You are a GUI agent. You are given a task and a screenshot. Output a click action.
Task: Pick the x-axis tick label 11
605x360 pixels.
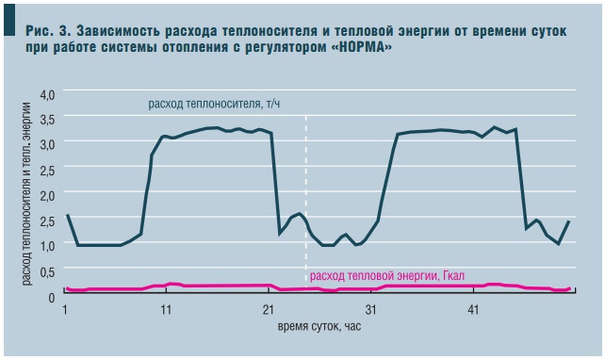166,309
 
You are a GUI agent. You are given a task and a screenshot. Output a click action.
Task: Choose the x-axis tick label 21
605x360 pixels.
269,309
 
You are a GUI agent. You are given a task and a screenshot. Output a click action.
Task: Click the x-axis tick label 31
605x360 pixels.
371,309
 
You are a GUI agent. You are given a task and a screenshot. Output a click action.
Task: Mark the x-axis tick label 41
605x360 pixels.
474,309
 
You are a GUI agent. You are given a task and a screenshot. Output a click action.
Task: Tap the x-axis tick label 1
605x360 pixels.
65,309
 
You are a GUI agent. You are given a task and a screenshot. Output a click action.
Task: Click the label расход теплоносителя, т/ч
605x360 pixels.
215,105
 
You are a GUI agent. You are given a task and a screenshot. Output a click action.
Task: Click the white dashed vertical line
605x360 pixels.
307,188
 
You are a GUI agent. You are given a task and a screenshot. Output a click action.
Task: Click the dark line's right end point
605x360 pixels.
569,221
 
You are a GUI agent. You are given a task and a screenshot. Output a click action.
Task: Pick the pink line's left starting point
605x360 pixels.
65,287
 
